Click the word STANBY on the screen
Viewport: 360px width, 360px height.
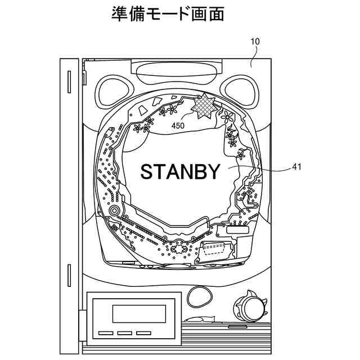point(181,172)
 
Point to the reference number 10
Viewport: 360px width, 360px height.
point(255,42)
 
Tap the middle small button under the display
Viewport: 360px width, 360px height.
point(125,333)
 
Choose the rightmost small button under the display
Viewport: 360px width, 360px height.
point(144,333)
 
